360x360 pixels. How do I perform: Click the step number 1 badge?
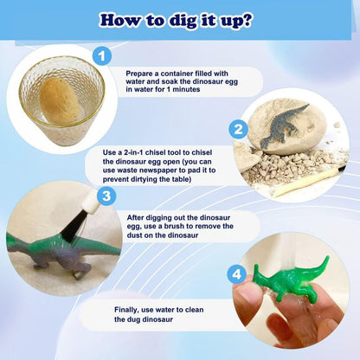[x=102, y=56]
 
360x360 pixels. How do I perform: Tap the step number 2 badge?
[x=238, y=129]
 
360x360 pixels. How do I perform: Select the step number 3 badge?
[x=106, y=196]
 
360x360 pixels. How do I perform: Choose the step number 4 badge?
[x=236, y=274]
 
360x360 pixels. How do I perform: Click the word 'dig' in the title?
[x=184, y=20]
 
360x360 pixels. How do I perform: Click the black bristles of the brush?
[x=71, y=225]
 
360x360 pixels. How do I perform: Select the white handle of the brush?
[x=91, y=203]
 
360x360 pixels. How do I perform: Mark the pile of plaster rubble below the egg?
[x=288, y=167]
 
